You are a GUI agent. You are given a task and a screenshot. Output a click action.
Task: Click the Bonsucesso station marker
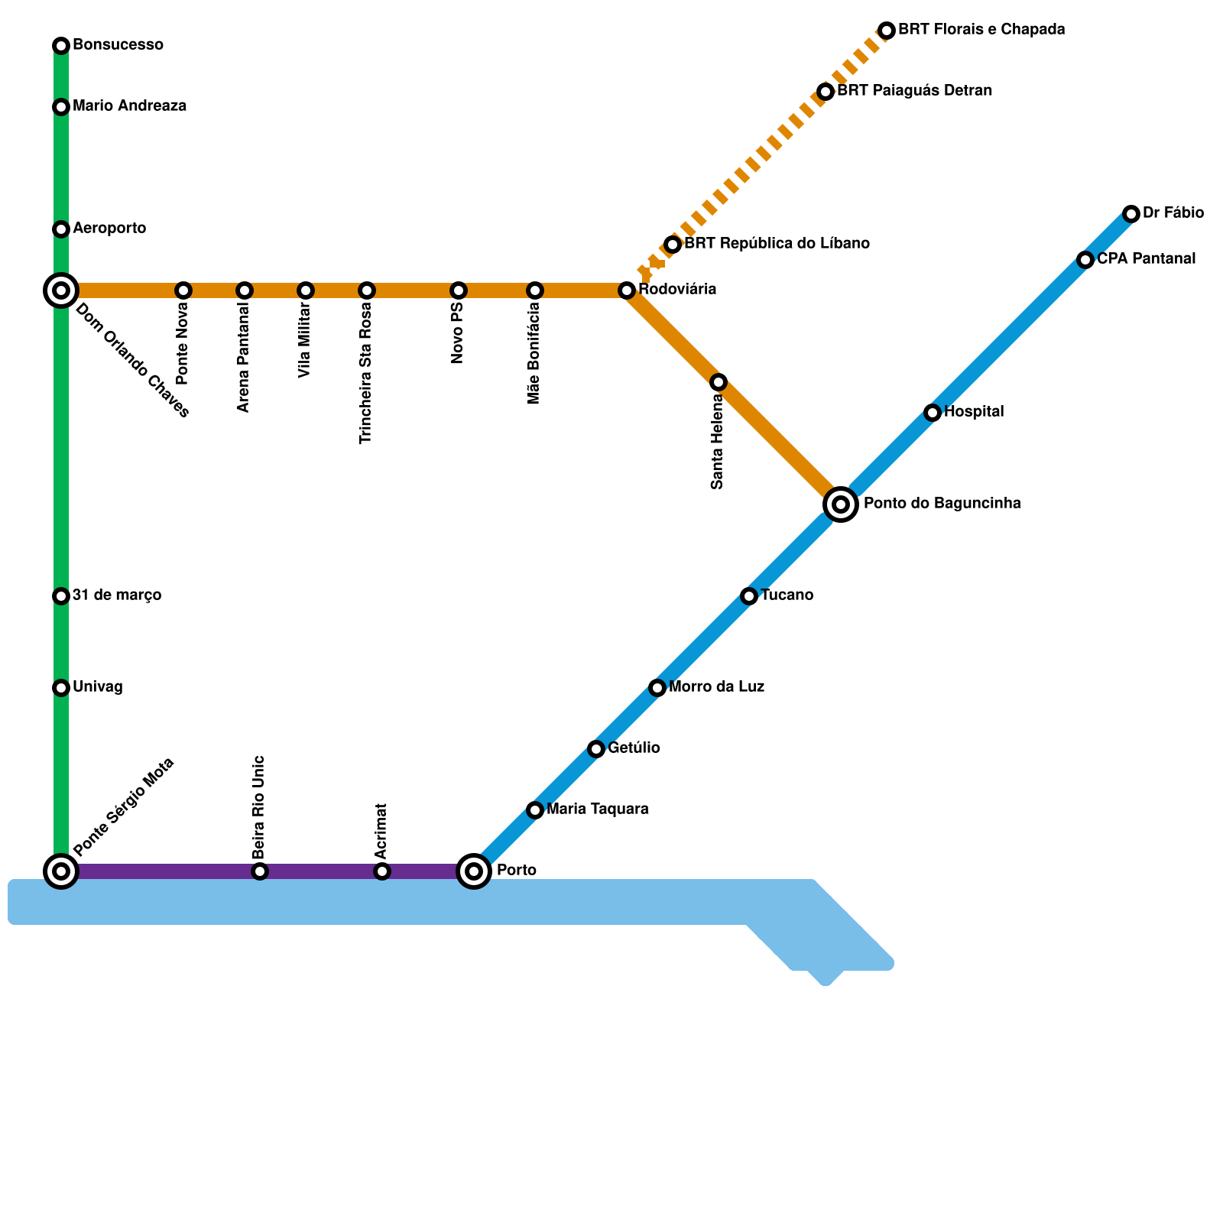click(x=61, y=46)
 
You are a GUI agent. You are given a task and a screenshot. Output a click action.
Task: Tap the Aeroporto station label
click(x=109, y=229)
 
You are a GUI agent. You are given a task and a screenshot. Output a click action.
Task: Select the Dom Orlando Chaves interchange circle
click(x=61, y=290)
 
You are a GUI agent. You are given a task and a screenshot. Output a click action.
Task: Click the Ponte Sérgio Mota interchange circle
click(x=61, y=871)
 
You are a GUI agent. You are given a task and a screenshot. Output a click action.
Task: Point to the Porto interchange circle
click(x=474, y=871)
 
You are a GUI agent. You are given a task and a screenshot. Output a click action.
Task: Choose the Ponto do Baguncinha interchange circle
click(x=841, y=504)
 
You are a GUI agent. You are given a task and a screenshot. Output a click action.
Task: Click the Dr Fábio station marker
click(x=1131, y=214)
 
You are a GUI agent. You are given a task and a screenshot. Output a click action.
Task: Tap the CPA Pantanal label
click(x=1146, y=259)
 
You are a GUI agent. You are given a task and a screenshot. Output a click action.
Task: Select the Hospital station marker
click(x=933, y=413)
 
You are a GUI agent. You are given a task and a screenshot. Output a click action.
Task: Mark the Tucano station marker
click(x=749, y=596)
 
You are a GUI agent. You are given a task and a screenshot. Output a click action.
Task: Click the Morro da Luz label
click(x=716, y=687)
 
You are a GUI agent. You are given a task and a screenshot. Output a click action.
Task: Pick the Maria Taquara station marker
click(x=535, y=810)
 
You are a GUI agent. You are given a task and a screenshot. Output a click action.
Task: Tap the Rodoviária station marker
click(x=627, y=290)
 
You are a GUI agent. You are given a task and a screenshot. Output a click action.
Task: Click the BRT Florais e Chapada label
click(x=981, y=30)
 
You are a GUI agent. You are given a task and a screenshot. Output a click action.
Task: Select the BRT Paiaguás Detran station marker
click(x=826, y=92)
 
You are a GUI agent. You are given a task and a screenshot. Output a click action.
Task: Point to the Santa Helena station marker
click(x=719, y=382)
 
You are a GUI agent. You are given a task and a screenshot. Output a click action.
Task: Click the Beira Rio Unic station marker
click(x=260, y=871)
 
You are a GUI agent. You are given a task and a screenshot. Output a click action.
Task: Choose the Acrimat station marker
click(x=382, y=871)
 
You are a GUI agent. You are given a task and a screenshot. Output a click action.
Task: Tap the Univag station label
click(x=98, y=687)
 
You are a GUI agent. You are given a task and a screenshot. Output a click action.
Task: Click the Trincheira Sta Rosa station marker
click(x=367, y=290)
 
